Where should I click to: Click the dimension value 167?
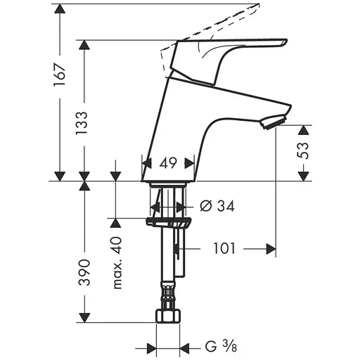pyautogui.click(x=60, y=72)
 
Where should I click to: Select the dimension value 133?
pyautogui.click(x=84, y=124)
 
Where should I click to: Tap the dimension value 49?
pyautogui.click(x=168, y=163)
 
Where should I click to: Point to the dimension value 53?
pyautogui.click(x=304, y=152)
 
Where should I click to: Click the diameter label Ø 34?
pyautogui.click(x=217, y=206)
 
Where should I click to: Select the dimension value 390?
pyautogui.click(x=84, y=271)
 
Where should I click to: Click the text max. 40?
pyautogui.click(x=117, y=263)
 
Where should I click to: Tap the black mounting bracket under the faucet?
pyautogui.click(x=168, y=223)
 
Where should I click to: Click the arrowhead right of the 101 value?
pyautogui.click(x=269, y=249)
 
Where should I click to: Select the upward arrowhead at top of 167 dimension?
pyautogui.click(x=60, y=9)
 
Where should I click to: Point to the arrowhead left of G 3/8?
pyautogui.click(x=150, y=347)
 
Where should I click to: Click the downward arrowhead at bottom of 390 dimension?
pyautogui.click(x=84, y=317)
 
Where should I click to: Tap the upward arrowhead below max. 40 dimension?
pyautogui.click(x=117, y=223)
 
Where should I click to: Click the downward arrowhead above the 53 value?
pyautogui.click(x=304, y=130)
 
